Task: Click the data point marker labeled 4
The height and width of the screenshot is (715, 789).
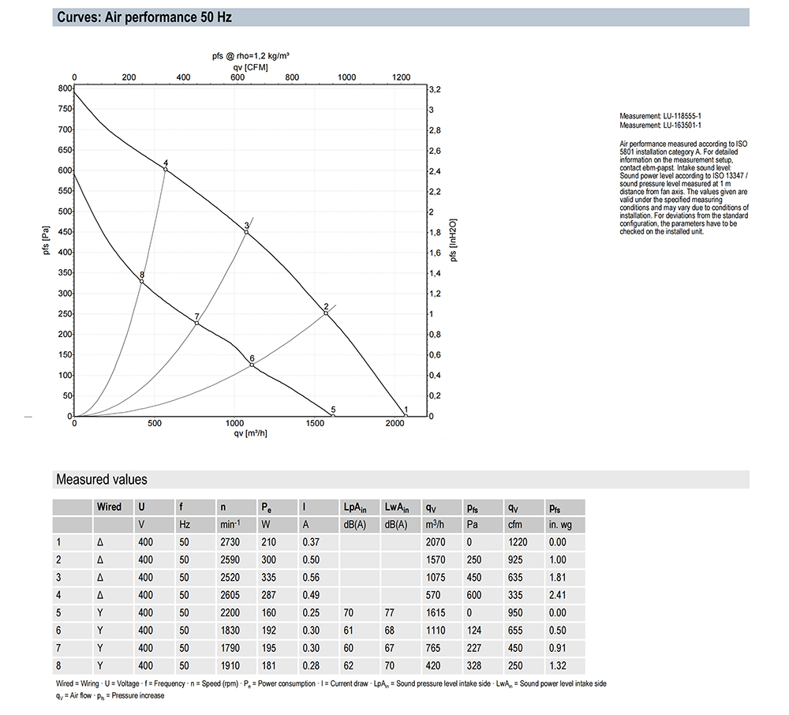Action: click(166, 170)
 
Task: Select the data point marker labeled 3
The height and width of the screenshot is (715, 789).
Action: click(246, 232)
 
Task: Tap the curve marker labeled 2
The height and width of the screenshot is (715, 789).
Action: click(326, 313)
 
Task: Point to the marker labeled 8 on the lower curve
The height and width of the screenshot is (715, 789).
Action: click(142, 281)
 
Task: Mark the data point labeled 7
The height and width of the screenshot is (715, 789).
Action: click(196, 323)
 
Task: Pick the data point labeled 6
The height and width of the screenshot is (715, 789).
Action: click(252, 365)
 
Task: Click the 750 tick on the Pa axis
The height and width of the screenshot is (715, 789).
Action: click(65, 109)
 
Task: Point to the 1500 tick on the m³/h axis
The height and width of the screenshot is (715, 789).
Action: click(315, 423)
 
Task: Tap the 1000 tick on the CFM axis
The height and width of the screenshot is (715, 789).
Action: click(346, 77)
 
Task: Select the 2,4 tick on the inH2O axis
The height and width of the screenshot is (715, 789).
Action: click(435, 171)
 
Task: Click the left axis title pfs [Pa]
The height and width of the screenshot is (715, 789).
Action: click(47, 240)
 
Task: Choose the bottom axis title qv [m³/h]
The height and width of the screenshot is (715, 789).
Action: click(250, 433)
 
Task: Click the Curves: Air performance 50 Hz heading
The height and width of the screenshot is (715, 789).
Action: click(144, 17)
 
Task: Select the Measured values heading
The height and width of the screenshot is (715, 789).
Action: click(102, 479)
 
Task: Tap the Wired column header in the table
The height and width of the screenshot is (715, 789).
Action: click(109, 507)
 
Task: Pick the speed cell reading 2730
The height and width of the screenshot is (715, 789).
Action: click(230, 542)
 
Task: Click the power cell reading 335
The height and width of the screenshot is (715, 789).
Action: click(269, 577)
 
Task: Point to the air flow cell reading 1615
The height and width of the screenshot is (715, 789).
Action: click(436, 612)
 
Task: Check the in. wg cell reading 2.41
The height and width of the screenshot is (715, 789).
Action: click(558, 595)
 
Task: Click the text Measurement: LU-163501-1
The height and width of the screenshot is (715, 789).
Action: click(660, 125)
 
